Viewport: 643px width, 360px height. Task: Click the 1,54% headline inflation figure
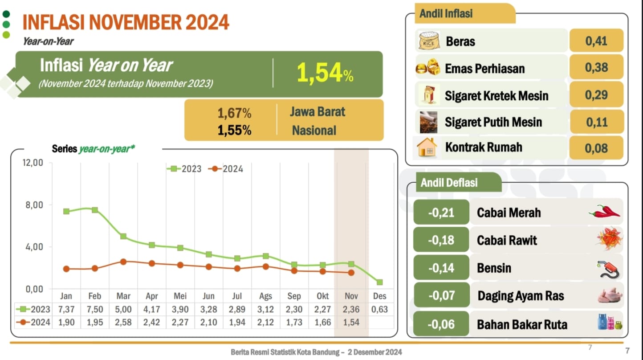pyautogui.click(x=325, y=74)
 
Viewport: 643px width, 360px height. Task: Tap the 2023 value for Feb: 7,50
pyautogui.click(x=94, y=309)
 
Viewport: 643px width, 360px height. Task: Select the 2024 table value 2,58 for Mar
pyautogui.click(x=123, y=322)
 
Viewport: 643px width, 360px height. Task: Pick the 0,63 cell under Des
pyautogui.click(x=379, y=309)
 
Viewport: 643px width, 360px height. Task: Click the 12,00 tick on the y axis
pyautogui.click(x=33, y=163)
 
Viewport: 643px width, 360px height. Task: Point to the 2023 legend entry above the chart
pyautogui.click(x=184, y=169)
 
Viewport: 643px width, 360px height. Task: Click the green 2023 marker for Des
pyautogui.click(x=379, y=282)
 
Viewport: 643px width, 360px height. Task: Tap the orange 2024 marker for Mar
pyautogui.click(x=123, y=262)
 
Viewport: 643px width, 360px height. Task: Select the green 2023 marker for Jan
pyautogui.click(x=66, y=211)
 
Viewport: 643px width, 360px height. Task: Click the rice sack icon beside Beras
pyautogui.click(x=429, y=41)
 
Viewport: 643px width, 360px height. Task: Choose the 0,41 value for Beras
pyautogui.click(x=596, y=41)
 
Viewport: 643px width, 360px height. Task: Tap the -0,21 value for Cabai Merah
pyautogui.click(x=441, y=213)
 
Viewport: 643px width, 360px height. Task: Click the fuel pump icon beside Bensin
pyautogui.click(x=609, y=269)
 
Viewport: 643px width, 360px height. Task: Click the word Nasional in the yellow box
pyautogui.click(x=314, y=131)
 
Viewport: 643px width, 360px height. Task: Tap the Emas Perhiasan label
pyautogui.click(x=484, y=69)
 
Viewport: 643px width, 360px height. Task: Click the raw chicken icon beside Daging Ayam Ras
pyautogui.click(x=608, y=295)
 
